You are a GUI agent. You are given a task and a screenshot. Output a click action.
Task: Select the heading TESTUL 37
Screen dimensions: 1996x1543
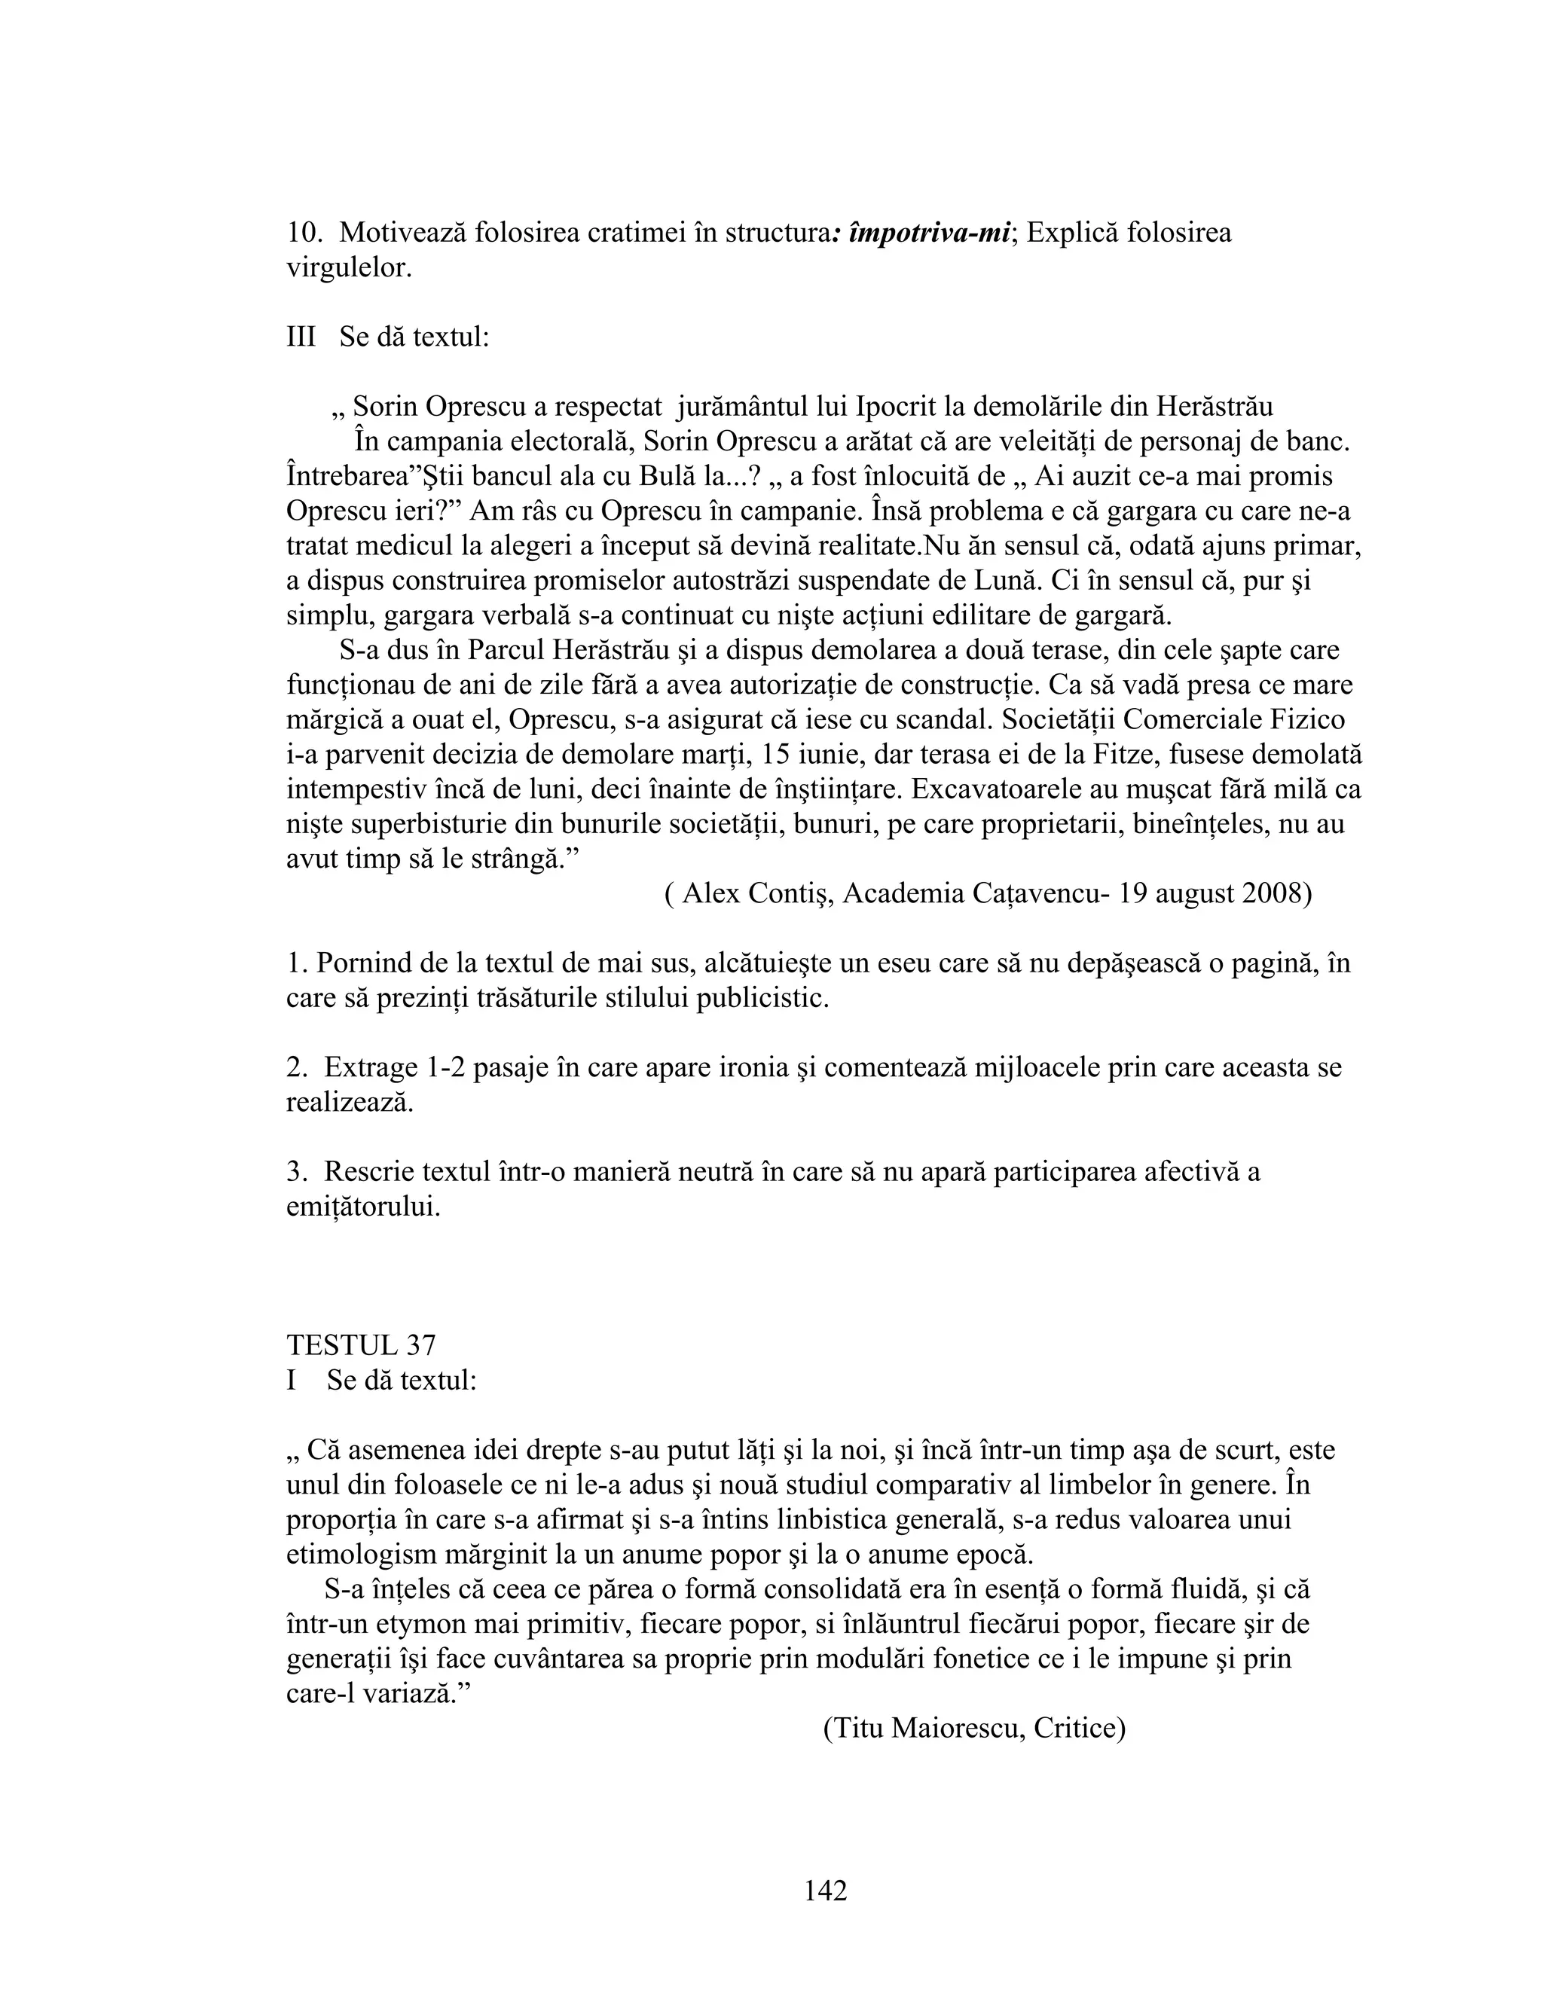point(361,1345)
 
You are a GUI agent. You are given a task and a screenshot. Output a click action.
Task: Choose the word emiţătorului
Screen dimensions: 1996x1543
point(364,1207)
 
